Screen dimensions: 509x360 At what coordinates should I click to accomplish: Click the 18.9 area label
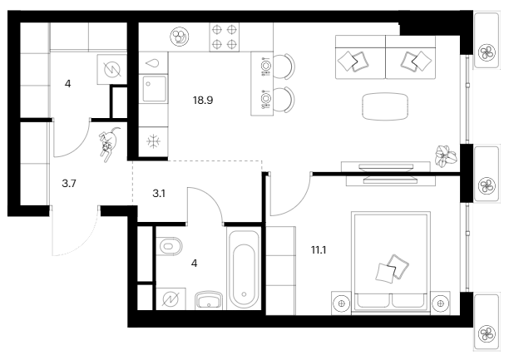203,101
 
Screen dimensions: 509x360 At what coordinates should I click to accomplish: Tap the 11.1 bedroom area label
319,250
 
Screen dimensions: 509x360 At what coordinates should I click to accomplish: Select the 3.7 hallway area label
69,184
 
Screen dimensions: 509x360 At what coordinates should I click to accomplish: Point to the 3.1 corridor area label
159,194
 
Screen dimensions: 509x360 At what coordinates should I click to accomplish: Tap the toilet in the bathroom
169,246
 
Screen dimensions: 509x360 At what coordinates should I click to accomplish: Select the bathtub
244,269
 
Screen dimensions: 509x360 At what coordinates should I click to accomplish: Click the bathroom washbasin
209,299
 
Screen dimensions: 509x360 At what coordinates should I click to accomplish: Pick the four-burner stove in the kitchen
224,37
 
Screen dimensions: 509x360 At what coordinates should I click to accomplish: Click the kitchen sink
154,89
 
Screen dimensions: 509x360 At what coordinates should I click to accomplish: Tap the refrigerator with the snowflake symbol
153,141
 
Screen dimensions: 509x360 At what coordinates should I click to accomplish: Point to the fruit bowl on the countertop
180,36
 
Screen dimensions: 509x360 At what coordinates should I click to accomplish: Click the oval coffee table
385,106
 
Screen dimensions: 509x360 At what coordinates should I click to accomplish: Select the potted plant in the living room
447,156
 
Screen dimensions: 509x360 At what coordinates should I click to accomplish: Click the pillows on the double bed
392,269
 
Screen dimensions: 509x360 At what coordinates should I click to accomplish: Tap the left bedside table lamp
341,303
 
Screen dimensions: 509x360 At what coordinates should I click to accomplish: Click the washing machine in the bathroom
171,299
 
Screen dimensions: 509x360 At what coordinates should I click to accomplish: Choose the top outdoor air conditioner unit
487,40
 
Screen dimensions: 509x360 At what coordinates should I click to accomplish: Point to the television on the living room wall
387,174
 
